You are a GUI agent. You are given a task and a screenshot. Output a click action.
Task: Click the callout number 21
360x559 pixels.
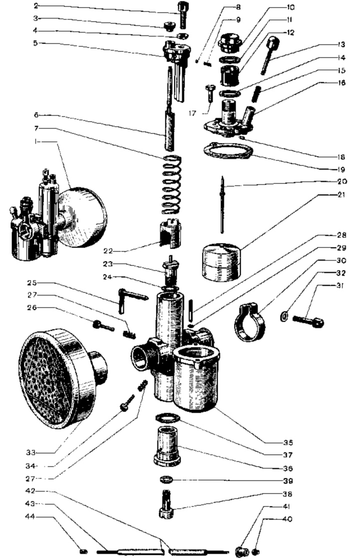click(x=341, y=195)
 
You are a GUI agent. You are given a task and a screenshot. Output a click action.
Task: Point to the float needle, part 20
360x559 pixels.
click(x=222, y=204)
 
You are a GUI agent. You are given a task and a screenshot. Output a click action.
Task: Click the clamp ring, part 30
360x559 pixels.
click(x=250, y=321)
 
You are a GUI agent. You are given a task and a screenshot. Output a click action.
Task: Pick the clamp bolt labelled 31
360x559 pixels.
click(x=308, y=321)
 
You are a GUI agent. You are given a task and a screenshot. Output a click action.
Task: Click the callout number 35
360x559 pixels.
click(x=288, y=442)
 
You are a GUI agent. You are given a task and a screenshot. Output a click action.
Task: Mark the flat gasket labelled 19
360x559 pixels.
click(x=228, y=151)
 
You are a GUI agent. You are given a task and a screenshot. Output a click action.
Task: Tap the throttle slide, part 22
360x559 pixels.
click(x=169, y=233)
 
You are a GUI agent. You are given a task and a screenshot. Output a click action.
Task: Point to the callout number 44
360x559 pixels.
click(x=30, y=516)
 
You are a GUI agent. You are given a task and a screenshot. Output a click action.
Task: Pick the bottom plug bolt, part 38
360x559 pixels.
click(x=166, y=504)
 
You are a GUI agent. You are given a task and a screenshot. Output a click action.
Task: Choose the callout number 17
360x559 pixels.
click(x=192, y=113)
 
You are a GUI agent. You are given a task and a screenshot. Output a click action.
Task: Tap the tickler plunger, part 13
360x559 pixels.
click(x=270, y=55)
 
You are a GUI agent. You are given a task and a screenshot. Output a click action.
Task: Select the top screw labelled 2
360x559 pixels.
click(x=182, y=15)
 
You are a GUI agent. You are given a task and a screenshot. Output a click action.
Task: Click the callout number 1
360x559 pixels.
click(x=35, y=141)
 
